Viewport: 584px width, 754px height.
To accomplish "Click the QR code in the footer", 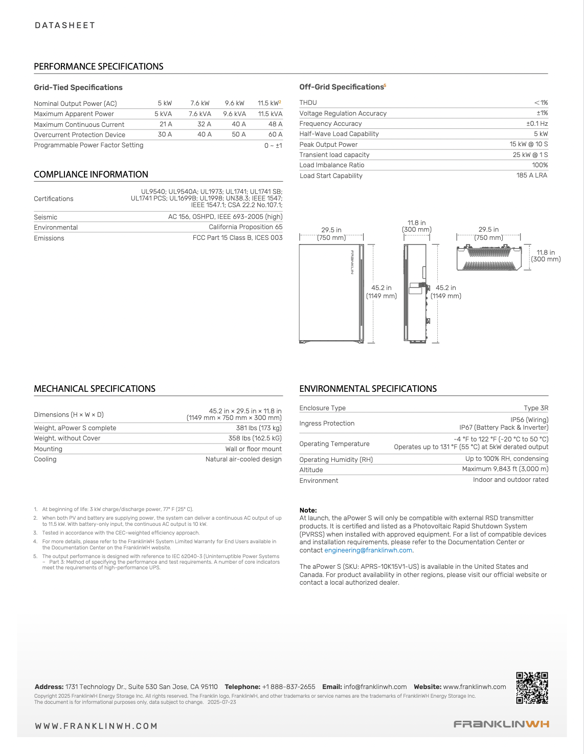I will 532,688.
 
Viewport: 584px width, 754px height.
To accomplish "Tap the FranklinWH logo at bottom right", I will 501,724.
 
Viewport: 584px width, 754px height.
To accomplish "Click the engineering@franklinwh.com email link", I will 368,550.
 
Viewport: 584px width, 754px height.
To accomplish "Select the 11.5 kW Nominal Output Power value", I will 268,103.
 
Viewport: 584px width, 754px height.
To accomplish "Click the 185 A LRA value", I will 531,175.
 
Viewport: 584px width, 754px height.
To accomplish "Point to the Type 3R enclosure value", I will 536,408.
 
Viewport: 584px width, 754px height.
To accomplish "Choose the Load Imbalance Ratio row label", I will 332,165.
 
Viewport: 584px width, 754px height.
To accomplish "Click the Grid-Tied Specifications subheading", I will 78,87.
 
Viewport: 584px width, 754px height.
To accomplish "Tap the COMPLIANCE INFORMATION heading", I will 91,174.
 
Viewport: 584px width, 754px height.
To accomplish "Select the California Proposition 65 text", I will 245,227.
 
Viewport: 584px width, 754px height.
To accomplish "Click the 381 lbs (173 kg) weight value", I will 259,428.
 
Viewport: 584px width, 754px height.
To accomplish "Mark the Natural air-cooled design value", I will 243,459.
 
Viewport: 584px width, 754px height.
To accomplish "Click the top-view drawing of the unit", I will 488,258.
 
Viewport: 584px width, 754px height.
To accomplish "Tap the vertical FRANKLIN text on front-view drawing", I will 352,262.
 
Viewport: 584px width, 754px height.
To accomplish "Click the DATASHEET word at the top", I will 65,26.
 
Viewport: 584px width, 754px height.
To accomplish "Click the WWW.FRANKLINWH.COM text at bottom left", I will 96,726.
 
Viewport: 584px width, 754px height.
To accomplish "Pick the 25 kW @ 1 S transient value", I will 530,155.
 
